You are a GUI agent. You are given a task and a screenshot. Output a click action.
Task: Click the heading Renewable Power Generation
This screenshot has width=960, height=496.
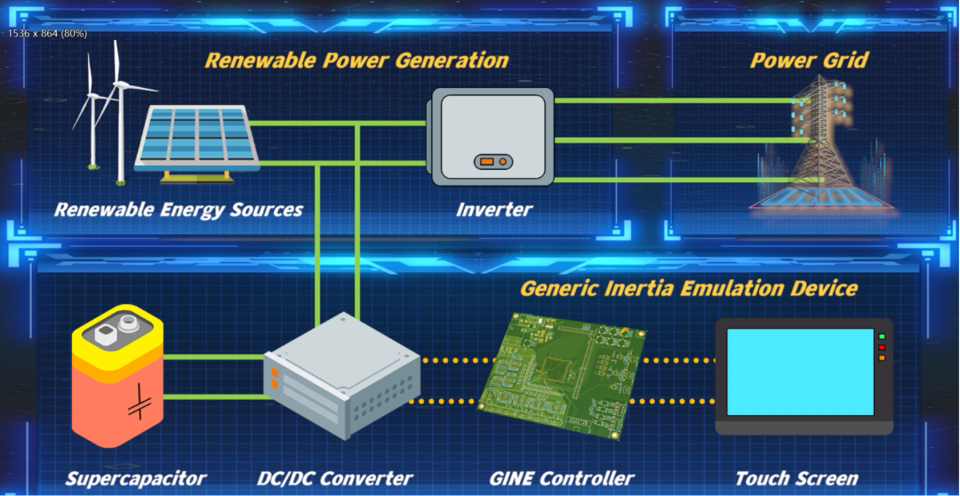(x=356, y=60)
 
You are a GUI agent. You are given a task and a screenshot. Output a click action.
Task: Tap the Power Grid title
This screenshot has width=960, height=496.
(x=809, y=60)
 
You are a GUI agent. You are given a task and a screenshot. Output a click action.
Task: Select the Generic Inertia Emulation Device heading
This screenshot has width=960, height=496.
(x=689, y=289)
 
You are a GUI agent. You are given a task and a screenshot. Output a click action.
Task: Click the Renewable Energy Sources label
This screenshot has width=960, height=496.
(x=179, y=211)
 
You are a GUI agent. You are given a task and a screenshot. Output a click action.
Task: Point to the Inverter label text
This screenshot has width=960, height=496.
(x=494, y=211)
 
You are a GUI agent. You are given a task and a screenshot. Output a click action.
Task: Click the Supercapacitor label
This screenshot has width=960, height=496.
(x=136, y=479)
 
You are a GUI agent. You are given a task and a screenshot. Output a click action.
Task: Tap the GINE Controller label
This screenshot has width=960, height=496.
(x=562, y=479)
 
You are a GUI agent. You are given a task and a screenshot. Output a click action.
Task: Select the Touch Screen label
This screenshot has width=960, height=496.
(x=796, y=479)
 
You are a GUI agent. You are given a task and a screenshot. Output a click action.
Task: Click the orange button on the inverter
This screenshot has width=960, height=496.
(x=492, y=161)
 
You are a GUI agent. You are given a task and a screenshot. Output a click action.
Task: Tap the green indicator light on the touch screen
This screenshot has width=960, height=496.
(x=882, y=337)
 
